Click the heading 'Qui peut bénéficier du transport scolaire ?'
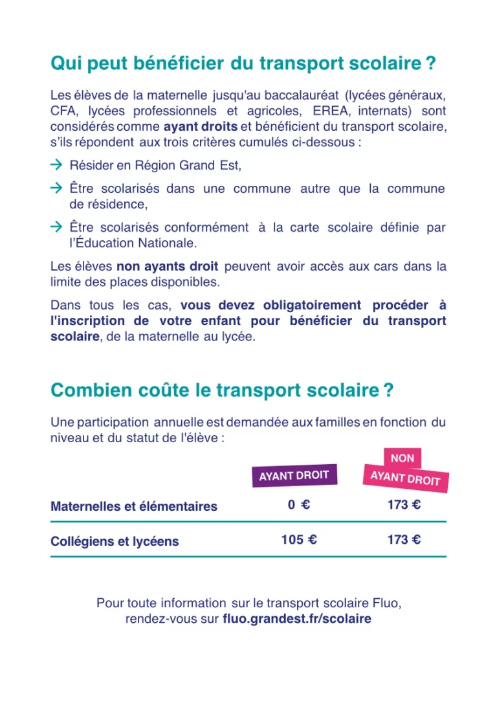click(242, 64)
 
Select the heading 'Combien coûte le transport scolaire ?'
click(222, 391)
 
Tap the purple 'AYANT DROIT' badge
click(294, 476)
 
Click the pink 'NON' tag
click(403, 458)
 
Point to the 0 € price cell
click(299, 505)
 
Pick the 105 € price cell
click(299, 539)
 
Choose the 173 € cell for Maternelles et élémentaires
click(404, 505)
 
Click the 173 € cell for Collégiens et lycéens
click(404, 539)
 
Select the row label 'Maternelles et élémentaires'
click(134, 506)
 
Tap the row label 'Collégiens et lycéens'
click(115, 541)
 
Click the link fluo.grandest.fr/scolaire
click(297, 619)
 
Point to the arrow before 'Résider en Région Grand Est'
click(56, 165)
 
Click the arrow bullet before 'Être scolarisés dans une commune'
click(56, 188)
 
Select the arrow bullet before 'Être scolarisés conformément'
click(56, 227)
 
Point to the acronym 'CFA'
click(63, 111)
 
